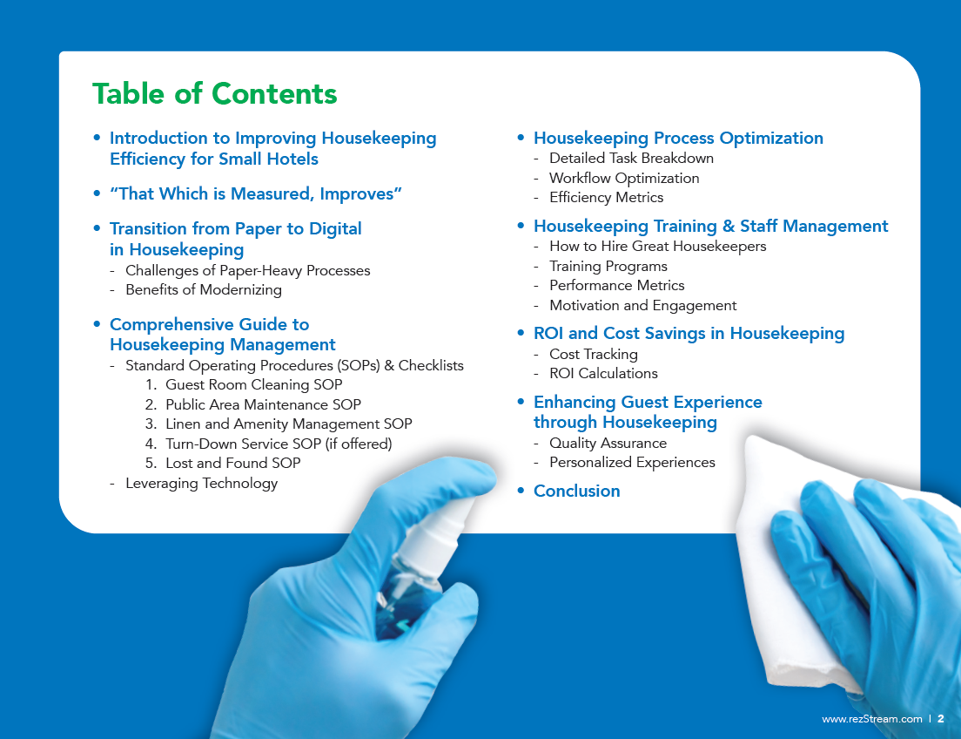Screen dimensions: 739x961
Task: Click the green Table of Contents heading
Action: [x=214, y=93]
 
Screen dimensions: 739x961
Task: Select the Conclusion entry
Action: [x=576, y=491]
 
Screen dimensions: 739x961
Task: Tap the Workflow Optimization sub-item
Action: [x=624, y=178]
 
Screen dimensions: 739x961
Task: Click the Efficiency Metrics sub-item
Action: [x=606, y=198]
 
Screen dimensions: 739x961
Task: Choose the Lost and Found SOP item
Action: [x=232, y=463]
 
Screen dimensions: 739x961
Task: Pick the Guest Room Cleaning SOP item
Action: [x=253, y=384]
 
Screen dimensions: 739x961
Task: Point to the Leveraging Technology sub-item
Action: [x=201, y=483]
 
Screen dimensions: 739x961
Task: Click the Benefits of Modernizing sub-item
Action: [x=203, y=289]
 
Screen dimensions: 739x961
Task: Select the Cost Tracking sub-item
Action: [x=593, y=354]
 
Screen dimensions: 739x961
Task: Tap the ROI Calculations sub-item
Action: [x=603, y=373]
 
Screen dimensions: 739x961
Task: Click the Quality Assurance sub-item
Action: [x=608, y=443]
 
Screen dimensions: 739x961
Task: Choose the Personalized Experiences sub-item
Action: [x=632, y=462]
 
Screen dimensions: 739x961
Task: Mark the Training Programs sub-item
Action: [x=608, y=266]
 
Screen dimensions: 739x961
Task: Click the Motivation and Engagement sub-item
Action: [x=642, y=305]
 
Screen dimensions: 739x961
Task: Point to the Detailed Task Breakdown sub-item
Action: [x=631, y=159]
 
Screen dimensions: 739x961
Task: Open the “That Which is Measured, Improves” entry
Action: [x=255, y=193]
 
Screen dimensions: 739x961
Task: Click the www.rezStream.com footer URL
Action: [x=871, y=719]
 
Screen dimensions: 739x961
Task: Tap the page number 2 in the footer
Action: [x=941, y=719]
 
